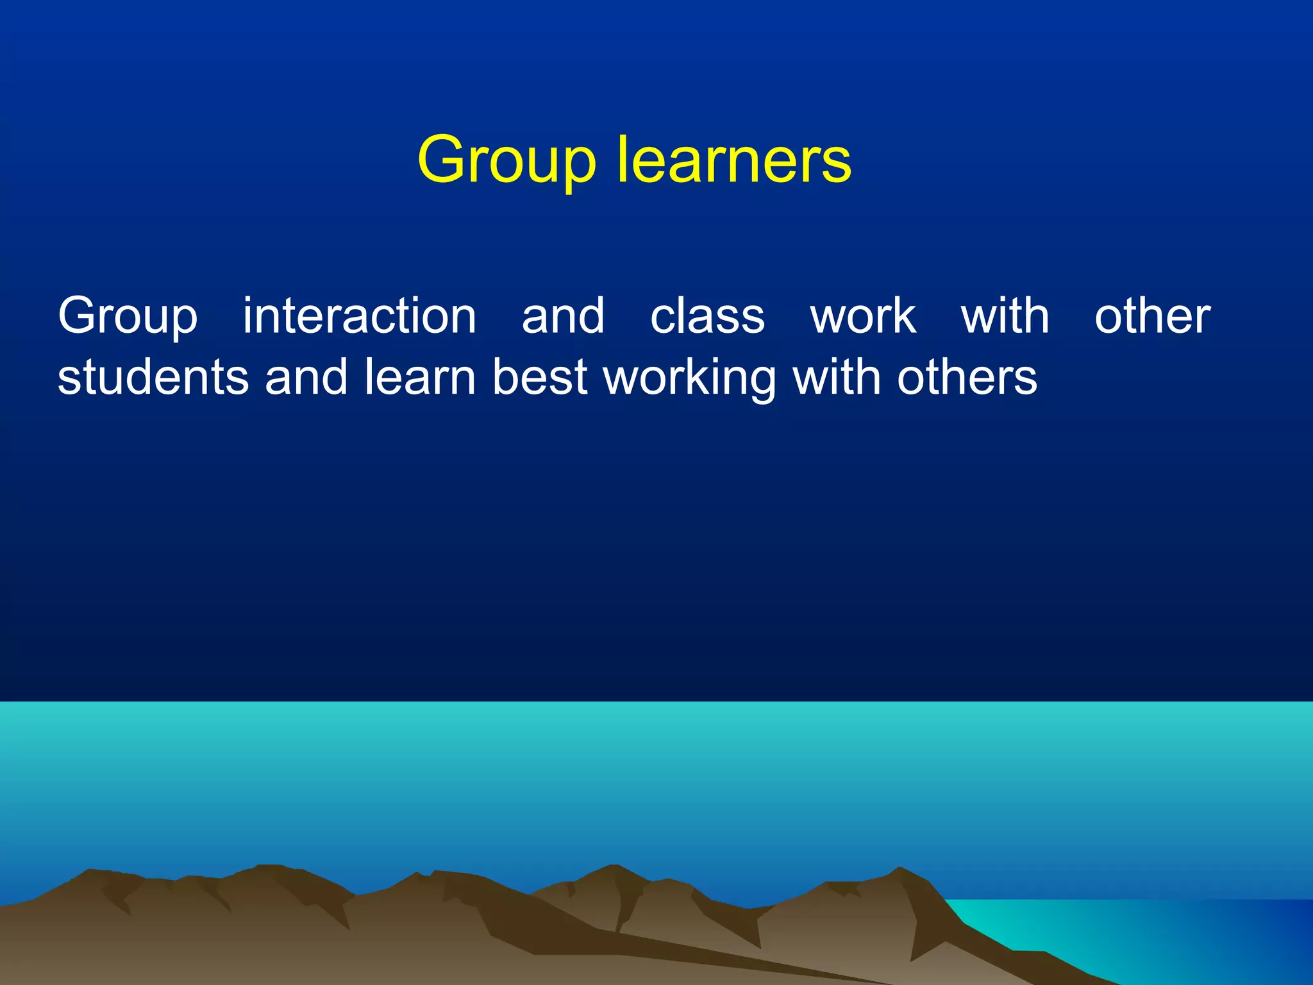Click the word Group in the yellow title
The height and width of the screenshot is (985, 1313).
point(506,160)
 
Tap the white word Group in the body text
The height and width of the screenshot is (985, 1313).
point(128,317)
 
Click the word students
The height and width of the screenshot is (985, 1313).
point(153,377)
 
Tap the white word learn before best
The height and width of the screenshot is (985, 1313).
point(420,377)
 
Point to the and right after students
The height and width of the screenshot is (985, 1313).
point(306,377)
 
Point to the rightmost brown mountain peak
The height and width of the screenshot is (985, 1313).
point(899,870)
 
